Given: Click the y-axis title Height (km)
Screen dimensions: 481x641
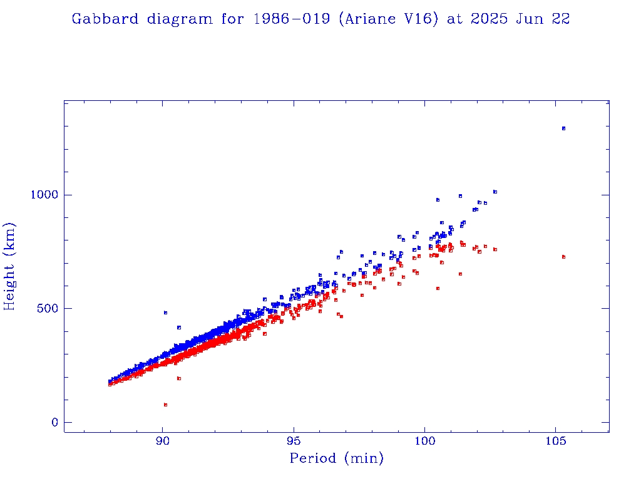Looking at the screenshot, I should pyautogui.click(x=10, y=267).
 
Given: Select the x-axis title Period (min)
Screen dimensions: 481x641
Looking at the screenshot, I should pyautogui.click(x=336, y=458).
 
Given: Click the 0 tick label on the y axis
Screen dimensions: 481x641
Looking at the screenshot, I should pyautogui.click(x=55, y=423).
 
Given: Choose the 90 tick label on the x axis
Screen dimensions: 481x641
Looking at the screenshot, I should pyautogui.click(x=163, y=440).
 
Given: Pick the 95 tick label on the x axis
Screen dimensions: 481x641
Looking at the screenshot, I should pyautogui.click(x=294, y=440).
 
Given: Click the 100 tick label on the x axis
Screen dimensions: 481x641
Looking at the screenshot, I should pyautogui.click(x=425, y=440).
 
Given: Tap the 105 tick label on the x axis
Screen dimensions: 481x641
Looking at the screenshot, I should pyautogui.click(x=556, y=440).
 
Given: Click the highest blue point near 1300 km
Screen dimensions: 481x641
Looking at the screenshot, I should pyautogui.click(x=563, y=128).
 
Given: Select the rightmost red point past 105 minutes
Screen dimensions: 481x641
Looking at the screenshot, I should pyautogui.click(x=563, y=257).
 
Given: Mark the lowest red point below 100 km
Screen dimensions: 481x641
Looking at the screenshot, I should pyautogui.click(x=165, y=405).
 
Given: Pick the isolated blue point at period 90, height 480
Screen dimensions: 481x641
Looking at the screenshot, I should pyautogui.click(x=165, y=313).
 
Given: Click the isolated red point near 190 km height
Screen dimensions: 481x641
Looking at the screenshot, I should pyautogui.click(x=179, y=378).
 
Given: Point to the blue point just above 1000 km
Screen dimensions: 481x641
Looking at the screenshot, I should pyautogui.click(x=495, y=192).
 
